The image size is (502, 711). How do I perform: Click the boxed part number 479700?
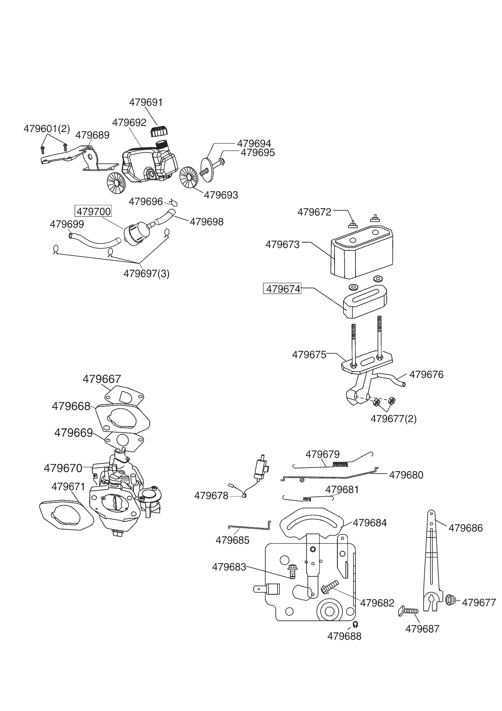(93, 211)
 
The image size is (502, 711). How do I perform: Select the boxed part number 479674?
(283, 289)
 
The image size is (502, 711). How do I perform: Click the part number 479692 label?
(129, 122)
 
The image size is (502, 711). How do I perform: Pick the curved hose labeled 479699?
(94, 239)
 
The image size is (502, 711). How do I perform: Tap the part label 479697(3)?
(146, 273)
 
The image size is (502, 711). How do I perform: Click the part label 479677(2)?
(393, 418)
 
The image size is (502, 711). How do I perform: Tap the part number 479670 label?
(63, 468)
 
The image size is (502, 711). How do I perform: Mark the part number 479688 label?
(344, 636)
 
